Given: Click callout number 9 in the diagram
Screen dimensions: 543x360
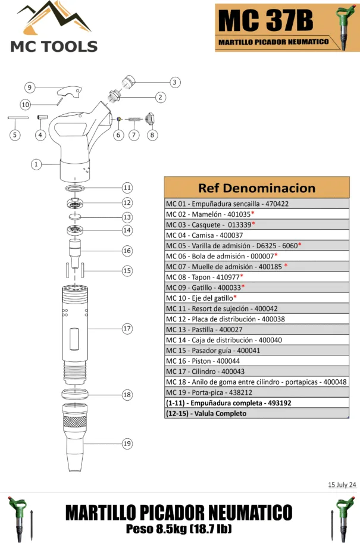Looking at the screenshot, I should point(29,88).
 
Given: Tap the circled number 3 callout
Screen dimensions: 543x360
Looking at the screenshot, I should point(174,82).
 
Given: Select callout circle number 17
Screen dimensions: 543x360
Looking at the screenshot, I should point(127,328).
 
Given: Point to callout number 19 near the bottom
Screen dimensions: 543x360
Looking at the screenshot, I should point(127,444).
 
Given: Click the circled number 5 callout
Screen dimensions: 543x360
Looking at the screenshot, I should point(14,135).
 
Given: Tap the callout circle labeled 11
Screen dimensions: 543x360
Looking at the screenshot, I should point(127,188).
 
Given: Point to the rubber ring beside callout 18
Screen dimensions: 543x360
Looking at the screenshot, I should point(76,394).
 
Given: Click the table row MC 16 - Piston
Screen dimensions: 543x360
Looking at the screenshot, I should point(256,361).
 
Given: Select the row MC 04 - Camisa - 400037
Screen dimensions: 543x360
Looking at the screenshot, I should point(256,235).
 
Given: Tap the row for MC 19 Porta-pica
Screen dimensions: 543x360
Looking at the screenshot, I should point(256,392).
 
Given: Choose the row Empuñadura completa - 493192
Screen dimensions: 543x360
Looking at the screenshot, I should point(256,403).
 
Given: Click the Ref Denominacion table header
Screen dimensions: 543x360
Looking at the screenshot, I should point(256,188).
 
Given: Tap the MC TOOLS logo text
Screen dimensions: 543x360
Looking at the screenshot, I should point(54,46).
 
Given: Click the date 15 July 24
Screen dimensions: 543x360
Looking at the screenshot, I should point(342,485).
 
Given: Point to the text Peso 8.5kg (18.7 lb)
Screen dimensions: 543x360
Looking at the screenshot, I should point(179,529).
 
